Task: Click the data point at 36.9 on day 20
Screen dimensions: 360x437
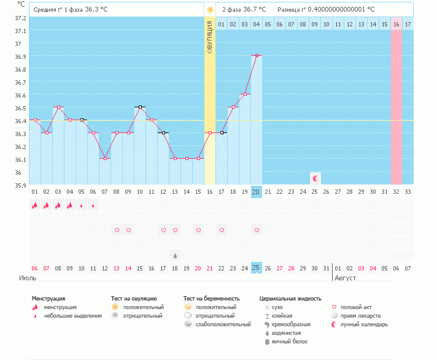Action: click(x=257, y=55)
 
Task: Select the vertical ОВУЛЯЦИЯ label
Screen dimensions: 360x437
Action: click(x=210, y=37)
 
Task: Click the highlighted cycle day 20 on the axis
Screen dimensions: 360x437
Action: click(x=257, y=192)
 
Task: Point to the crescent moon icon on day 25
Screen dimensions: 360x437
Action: click(x=315, y=178)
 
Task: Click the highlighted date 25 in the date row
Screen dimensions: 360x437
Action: click(x=257, y=268)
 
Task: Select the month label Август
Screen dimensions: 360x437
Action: click(x=345, y=278)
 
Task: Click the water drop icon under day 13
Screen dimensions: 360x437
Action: click(x=175, y=256)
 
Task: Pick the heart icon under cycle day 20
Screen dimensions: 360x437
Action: click(x=257, y=230)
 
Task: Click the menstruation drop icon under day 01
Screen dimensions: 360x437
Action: click(x=34, y=205)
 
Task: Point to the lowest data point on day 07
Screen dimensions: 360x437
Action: click(x=105, y=158)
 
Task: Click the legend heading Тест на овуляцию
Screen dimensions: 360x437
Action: click(x=134, y=299)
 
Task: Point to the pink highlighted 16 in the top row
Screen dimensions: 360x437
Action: click(x=396, y=24)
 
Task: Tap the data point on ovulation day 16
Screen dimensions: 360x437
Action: click(x=210, y=132)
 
